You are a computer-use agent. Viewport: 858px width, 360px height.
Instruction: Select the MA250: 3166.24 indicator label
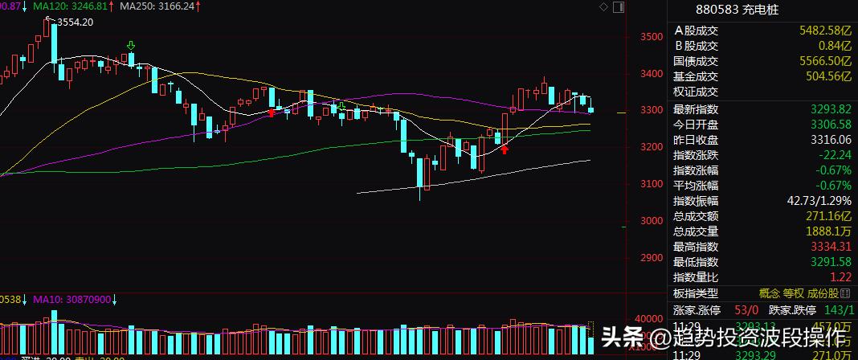point(158,6)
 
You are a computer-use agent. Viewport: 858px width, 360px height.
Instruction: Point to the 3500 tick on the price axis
point(652,37)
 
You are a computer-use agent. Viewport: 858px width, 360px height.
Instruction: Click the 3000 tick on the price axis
point(652,221)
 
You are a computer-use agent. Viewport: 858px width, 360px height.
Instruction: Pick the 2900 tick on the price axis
point(652,259)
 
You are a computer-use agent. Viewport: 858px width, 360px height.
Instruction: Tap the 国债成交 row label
point(696,61)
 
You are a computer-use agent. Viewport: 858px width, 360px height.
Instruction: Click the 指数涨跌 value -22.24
point(834,155)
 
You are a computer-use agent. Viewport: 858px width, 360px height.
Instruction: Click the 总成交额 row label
point(696,216)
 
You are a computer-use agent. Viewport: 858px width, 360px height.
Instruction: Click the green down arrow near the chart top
point(131,46)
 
